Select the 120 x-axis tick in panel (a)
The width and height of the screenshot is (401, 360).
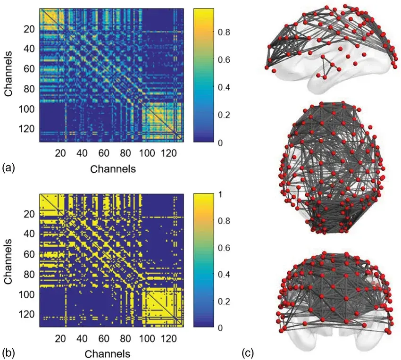click(x=169, y=153)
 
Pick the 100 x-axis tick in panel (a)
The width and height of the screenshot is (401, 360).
click(x=147, y=153)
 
